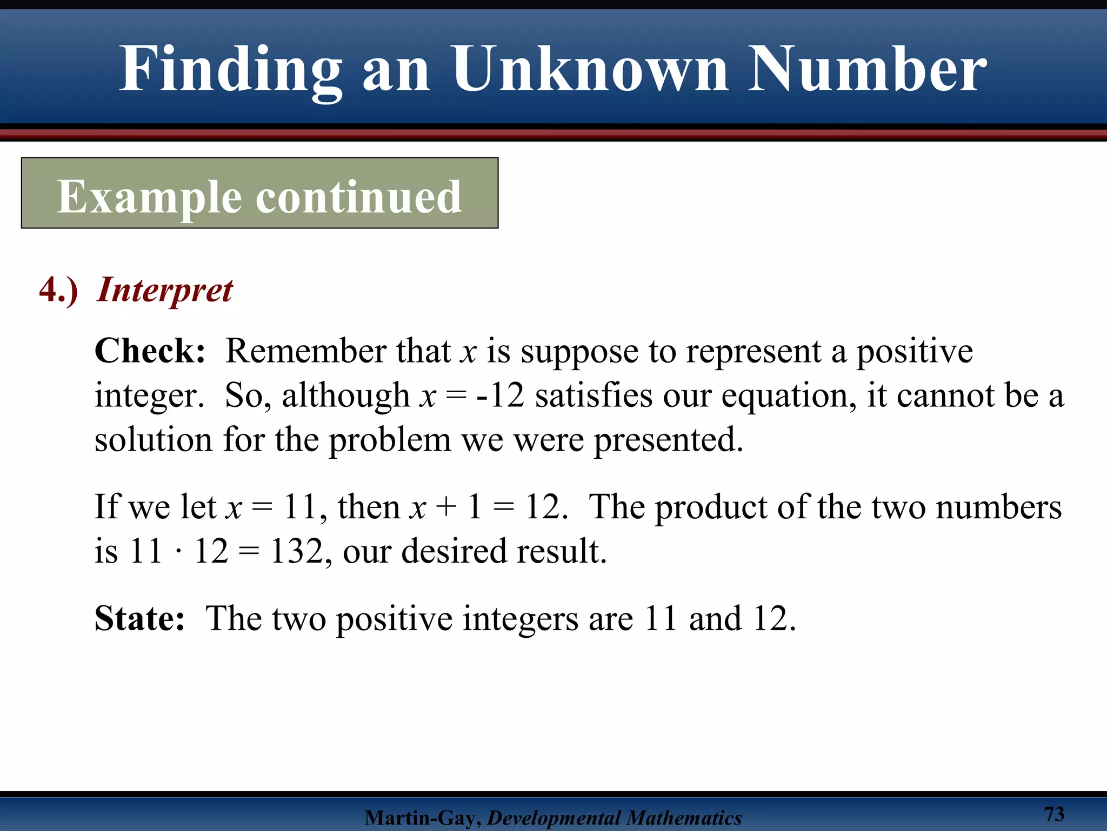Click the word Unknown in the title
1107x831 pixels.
coord(591,69)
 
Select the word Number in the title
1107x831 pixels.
coord(867,69)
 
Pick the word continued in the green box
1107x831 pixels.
coord(358,197)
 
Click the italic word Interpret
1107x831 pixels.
coord(165,291)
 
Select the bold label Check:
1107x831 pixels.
coord(150,351)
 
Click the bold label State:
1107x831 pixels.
coord(139,618)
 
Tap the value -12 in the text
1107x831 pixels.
coord(500,395)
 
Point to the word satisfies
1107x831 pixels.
coord(593,395)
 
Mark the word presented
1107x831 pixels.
coord(669,439)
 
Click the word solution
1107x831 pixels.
coord(153,439)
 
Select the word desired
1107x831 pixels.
coord(454,551)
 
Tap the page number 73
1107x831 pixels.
coord(1053,814)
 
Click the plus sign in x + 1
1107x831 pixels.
coord(446,508)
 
